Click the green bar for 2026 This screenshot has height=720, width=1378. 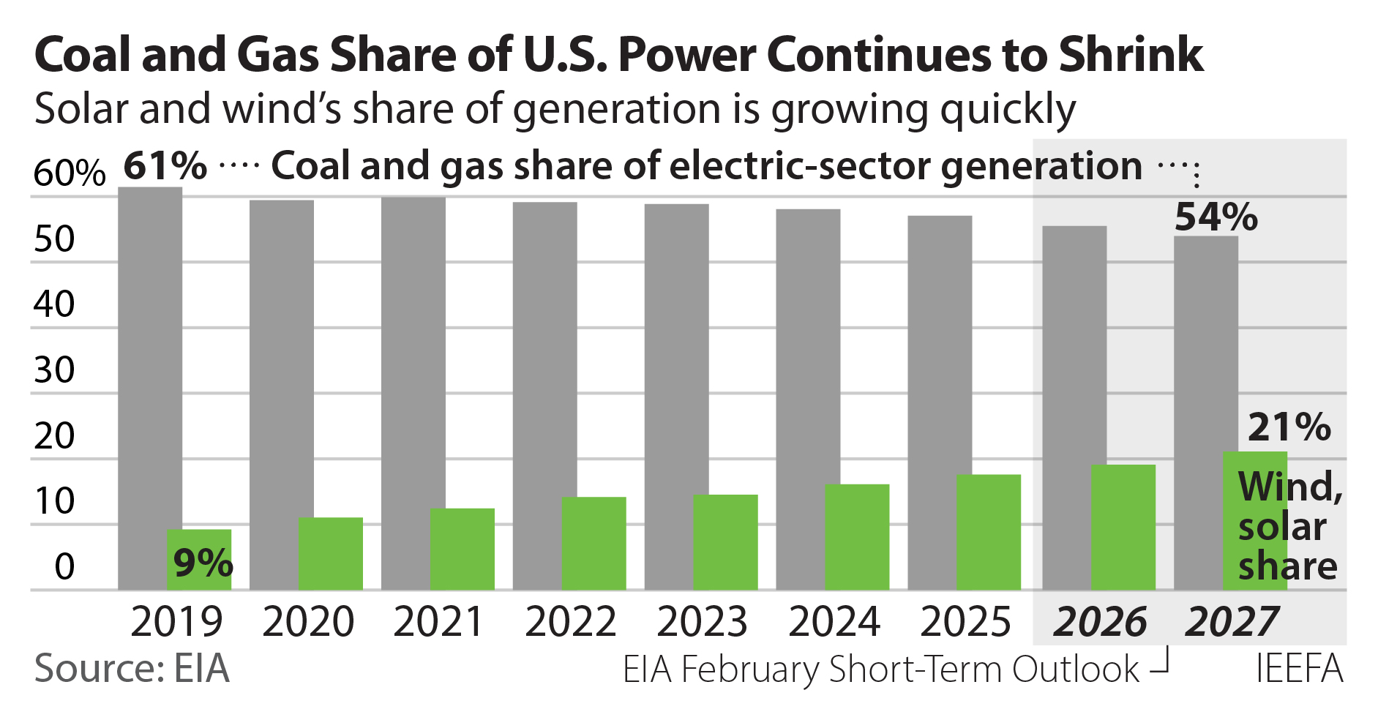[x=1123, y=527]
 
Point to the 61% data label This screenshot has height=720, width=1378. [x=165, y=166]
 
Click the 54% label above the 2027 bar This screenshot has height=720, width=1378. [x=1216, y=217]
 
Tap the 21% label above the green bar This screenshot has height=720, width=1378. [x=1289, y=427]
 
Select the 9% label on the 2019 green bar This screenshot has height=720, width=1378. [x=203, y=563]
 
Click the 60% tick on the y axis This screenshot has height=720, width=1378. [x=70, y=174]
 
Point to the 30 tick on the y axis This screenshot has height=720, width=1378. [x=54, y=371]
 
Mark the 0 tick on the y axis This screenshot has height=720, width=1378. [x=64, y=567]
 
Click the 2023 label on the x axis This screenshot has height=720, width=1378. [x=702, y=622]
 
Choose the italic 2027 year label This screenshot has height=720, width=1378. [x=1232, y=622]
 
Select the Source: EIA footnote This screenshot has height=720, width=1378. [x=132, y=669]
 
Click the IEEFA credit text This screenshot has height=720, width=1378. [x=1299, y=669]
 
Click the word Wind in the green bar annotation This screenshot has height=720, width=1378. [x=1289, y=487]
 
